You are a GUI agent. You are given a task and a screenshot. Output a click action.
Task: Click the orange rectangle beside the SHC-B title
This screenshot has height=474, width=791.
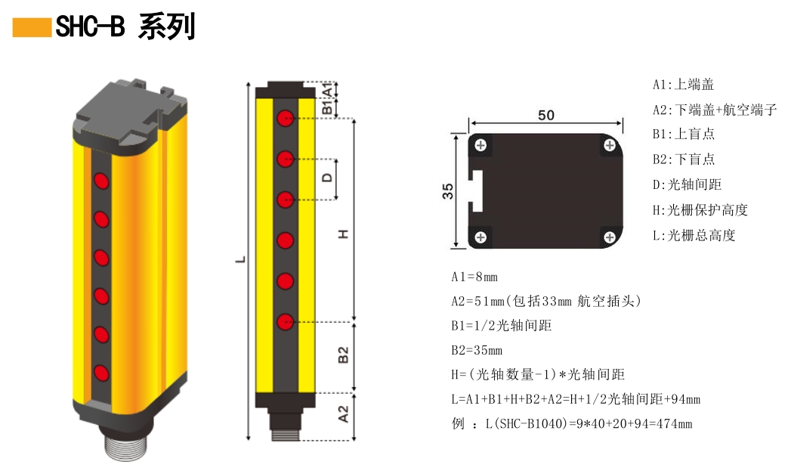(32, 28)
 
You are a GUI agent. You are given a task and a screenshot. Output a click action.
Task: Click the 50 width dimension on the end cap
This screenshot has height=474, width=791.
(545, 115)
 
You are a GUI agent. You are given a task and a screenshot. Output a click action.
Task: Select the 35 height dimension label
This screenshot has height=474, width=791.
(448, 191)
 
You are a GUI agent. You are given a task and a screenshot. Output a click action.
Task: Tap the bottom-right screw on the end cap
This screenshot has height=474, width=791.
(610, 238)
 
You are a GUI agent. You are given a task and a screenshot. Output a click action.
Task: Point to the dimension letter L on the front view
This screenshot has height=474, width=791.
(241, 259)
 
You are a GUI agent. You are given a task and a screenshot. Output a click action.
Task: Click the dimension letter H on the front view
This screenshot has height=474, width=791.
(343, 234)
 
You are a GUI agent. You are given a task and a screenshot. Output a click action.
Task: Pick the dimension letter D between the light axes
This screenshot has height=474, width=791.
(326, 178)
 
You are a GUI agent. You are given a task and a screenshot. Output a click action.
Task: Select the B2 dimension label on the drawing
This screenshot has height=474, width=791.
(342, 355)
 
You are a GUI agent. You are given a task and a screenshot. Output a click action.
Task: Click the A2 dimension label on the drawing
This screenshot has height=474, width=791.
(342, 414)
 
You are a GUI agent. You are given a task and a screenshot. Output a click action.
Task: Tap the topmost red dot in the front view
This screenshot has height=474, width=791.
(285, 118)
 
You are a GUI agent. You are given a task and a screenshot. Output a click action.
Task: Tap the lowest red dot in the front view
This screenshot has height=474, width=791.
(285, 322)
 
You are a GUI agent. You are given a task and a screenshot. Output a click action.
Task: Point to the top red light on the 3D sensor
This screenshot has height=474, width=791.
(100, 181)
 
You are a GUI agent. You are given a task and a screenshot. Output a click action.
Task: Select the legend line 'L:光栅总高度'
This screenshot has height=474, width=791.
(694, 235)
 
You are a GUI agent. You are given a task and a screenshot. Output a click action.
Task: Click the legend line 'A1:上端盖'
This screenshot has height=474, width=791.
(683, 85)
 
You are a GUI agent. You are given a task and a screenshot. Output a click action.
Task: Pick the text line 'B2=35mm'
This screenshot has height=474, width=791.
(477, 350)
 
